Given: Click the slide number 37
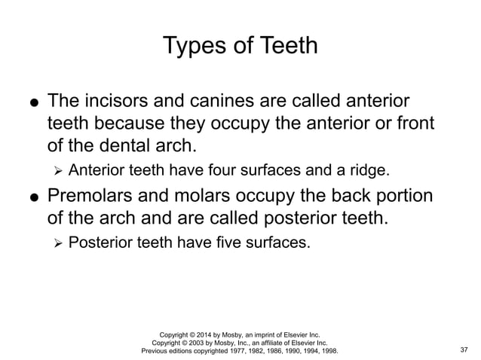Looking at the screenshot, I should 464,350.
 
